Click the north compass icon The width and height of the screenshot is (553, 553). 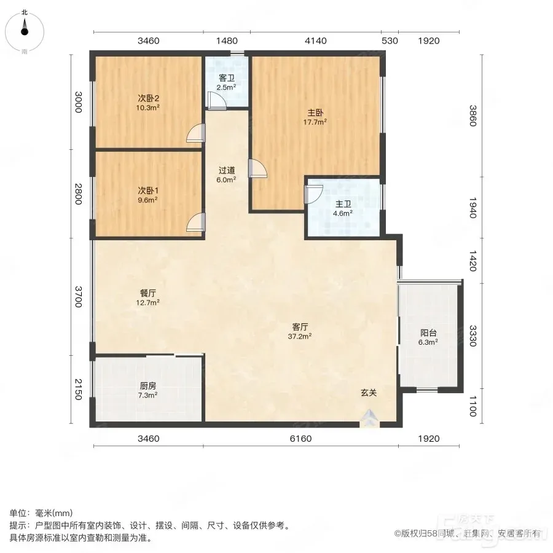pos(25,32)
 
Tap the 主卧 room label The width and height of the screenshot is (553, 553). pos(315,113)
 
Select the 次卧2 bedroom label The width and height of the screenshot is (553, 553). pos(148,98)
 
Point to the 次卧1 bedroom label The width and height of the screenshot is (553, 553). pos(147,191)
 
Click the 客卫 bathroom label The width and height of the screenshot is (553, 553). pos(226,78)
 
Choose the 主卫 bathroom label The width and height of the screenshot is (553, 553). pos(343,204)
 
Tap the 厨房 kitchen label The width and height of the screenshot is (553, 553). pos(147,386)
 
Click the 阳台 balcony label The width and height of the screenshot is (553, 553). pos(428,332)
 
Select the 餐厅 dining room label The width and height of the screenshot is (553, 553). pos(147,293)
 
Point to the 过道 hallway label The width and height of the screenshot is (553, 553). pos(226,170)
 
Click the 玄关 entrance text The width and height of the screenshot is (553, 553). pos(369,393)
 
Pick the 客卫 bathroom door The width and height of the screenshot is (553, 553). pos(216,101)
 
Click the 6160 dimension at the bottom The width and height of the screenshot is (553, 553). pos(300,438)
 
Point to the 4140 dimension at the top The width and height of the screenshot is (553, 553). pos(316,41)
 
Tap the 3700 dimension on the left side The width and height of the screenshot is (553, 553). pos(78,297)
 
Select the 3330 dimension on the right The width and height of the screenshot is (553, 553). pos(473,335)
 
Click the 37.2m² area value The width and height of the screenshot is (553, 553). pos(299,336)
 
